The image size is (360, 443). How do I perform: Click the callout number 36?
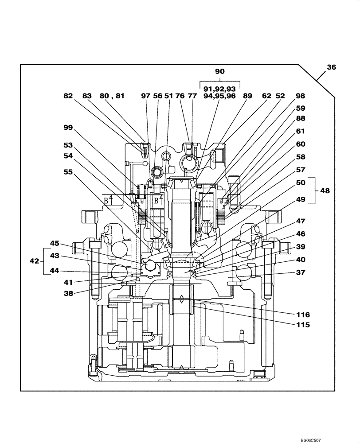point(331,68)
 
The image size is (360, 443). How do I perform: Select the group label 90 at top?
point(219,71)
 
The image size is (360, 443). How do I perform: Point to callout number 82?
point(68,96)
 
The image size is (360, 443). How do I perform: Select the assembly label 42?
point(35,261)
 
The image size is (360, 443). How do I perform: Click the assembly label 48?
point(325,190)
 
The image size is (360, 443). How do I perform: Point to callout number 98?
point(301,96)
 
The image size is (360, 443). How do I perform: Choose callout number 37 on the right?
point(301,273)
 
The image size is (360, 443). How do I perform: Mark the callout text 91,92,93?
point(219,88)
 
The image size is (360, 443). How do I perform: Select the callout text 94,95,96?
point(219,96)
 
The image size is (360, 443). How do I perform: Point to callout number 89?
point(247,96)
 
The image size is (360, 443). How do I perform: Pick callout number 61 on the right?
point(301,132)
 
